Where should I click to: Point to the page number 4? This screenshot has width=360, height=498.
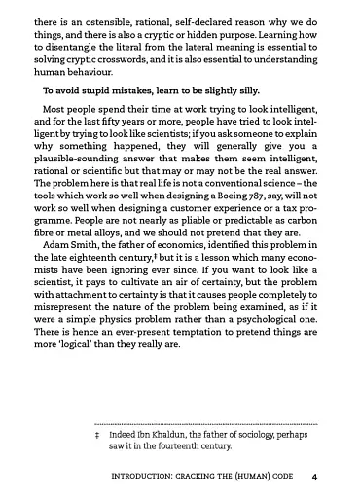tap(315, 478)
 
